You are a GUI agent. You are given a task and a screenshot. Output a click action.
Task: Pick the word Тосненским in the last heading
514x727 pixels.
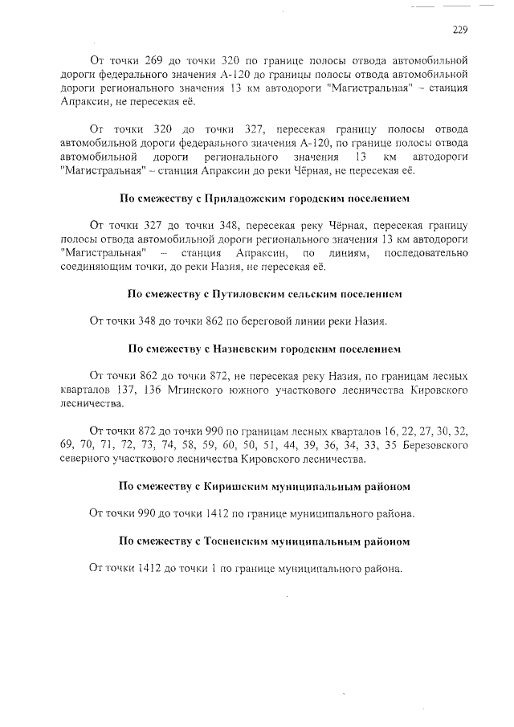click(x=232, y=541)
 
